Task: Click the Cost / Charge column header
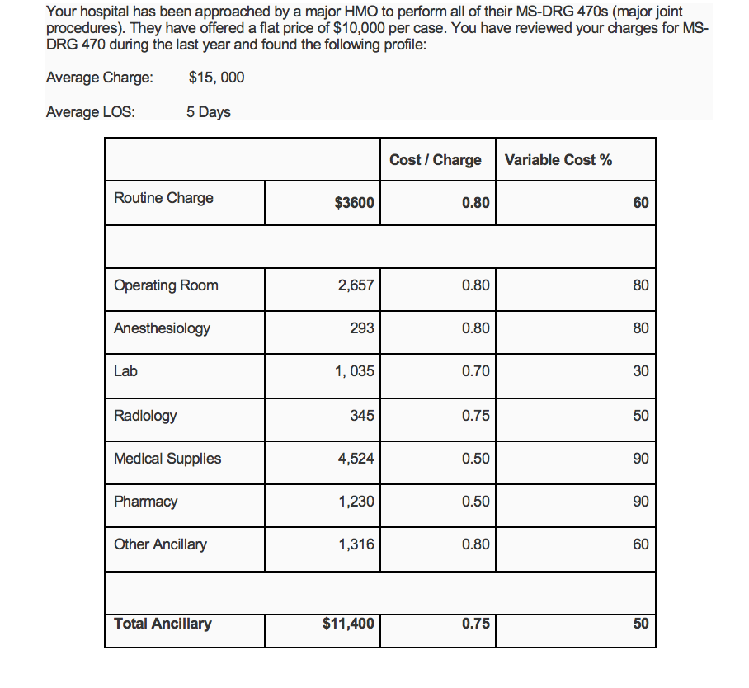(x=435, y=160)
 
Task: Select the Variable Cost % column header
(x=558, y=160)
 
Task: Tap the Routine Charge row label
(x=163, y=198)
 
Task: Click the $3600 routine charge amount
(x=354, y=203)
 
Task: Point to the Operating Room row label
(x=166, y=285)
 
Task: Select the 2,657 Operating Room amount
(x=356, y=285)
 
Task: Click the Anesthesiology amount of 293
(x=361, y=328)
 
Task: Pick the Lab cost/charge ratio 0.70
(x=475, y=371)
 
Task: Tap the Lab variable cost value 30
(x=640, y=371)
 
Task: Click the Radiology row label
(x=145, y=416)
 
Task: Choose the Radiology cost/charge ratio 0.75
(x=475, y=416)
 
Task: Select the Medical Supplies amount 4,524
(x=356, y=459)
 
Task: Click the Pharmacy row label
(x=145, y=502)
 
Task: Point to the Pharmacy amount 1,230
(x=356, y=502)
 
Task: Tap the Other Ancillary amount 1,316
(x=356, y=544)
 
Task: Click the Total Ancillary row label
(x=163, y=624)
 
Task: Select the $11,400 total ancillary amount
(x=347, y=624)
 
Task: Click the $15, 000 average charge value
(x=216, y=78)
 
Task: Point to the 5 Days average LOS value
(x=208, y=112)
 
